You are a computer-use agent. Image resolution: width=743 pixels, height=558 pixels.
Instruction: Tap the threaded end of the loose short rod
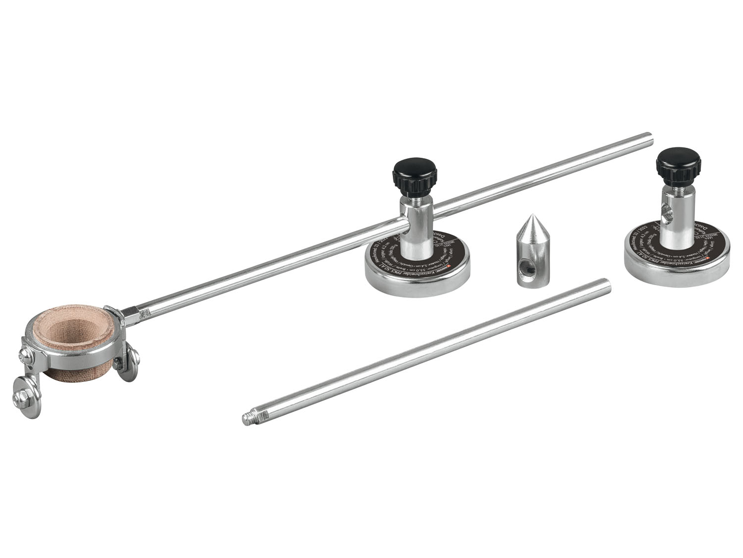coord(248,420)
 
